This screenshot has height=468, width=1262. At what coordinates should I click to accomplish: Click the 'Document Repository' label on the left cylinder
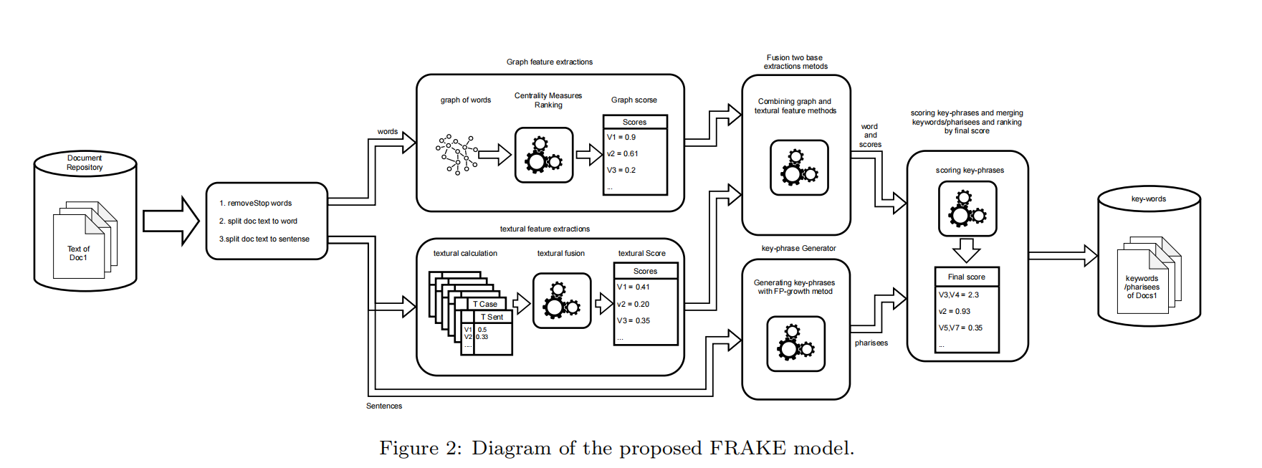[x=85, y=163]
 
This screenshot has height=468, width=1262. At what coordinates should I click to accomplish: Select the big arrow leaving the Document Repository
[x=171, y=221]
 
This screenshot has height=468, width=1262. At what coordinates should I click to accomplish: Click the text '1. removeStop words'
[x=256, y=204]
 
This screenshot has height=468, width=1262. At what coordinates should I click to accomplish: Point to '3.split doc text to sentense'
[x=264, y=239]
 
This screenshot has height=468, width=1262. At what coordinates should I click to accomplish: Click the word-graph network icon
[x=456, y=154]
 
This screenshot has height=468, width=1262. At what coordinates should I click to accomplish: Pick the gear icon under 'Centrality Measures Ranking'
[x=544, y=155]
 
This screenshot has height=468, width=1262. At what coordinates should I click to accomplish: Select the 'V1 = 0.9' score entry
[x=621, y=138]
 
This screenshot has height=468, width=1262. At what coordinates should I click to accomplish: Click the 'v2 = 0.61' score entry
[x=622, y=154]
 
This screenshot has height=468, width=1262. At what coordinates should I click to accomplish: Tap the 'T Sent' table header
[x=492, y=317]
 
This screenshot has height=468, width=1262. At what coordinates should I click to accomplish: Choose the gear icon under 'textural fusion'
[x=562, y=300]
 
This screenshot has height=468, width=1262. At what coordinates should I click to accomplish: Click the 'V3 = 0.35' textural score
[x=634, y=321]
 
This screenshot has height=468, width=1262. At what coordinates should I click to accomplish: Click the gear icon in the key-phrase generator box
[x=795, y=343]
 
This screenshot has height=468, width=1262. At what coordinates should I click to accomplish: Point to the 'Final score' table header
[x=966, y=277]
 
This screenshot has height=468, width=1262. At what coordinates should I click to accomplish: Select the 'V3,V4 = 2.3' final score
[x=959, y=295]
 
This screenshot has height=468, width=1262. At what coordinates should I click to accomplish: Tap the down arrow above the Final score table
[x=966, y=250]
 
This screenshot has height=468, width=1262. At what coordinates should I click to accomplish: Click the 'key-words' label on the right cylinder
[x=1148, y=199]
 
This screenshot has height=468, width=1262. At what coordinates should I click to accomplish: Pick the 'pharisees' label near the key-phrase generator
[x=871, y=343]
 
